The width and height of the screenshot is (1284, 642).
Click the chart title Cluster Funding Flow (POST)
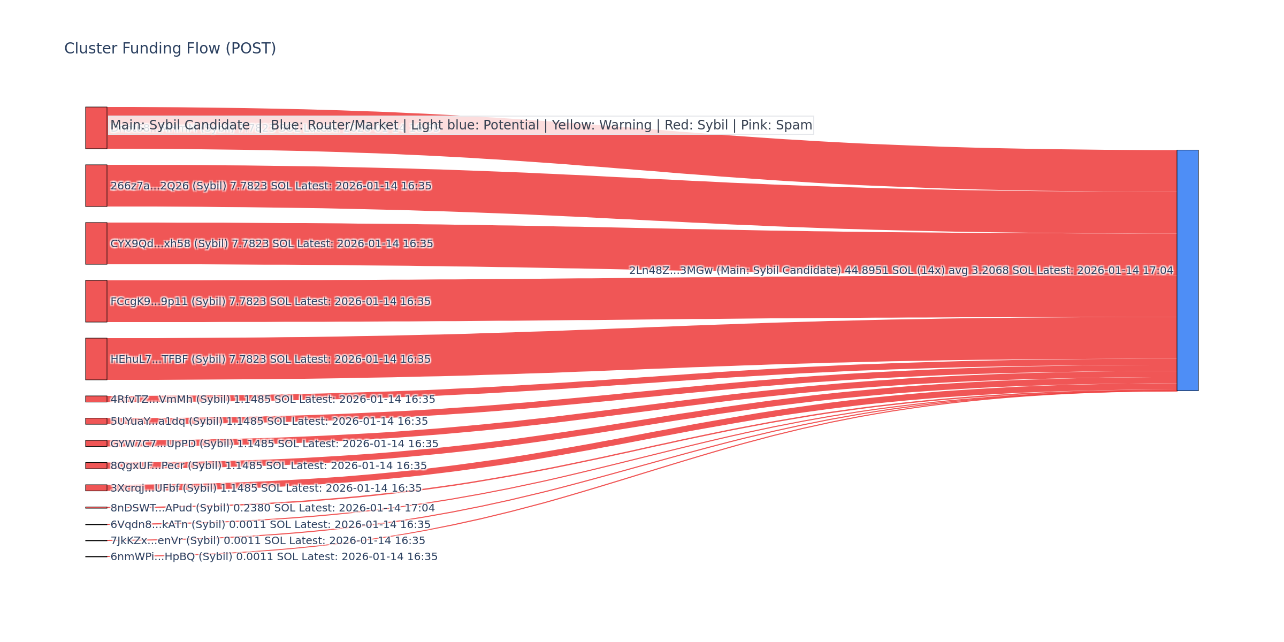point(170,49)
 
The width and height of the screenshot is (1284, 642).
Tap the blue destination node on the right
point(1187,270)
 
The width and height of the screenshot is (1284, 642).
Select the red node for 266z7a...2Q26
point(96,186)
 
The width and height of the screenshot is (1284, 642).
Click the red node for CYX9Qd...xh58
point(96,243)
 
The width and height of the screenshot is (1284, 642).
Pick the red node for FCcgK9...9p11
point(96,301)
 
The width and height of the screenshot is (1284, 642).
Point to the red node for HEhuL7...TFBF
point(96,359)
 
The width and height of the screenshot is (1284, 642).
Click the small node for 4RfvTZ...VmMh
point(96,399)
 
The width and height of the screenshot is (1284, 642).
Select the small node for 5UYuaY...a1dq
point(96,421)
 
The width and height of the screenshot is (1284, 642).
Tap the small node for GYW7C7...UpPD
point(96,444)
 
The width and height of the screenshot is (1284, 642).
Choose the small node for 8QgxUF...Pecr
point(96,465)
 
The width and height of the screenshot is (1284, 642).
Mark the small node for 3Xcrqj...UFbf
point(96,488)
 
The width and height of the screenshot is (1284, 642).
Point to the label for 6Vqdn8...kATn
point(270,525)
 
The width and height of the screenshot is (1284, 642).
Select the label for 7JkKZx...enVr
point(267,541)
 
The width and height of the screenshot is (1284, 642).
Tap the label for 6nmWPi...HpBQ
point(274,557)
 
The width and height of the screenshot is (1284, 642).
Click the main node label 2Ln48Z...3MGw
point(901,271)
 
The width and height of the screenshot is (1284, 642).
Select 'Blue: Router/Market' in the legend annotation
point(334,125)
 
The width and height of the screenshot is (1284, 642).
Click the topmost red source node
point(96,128)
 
